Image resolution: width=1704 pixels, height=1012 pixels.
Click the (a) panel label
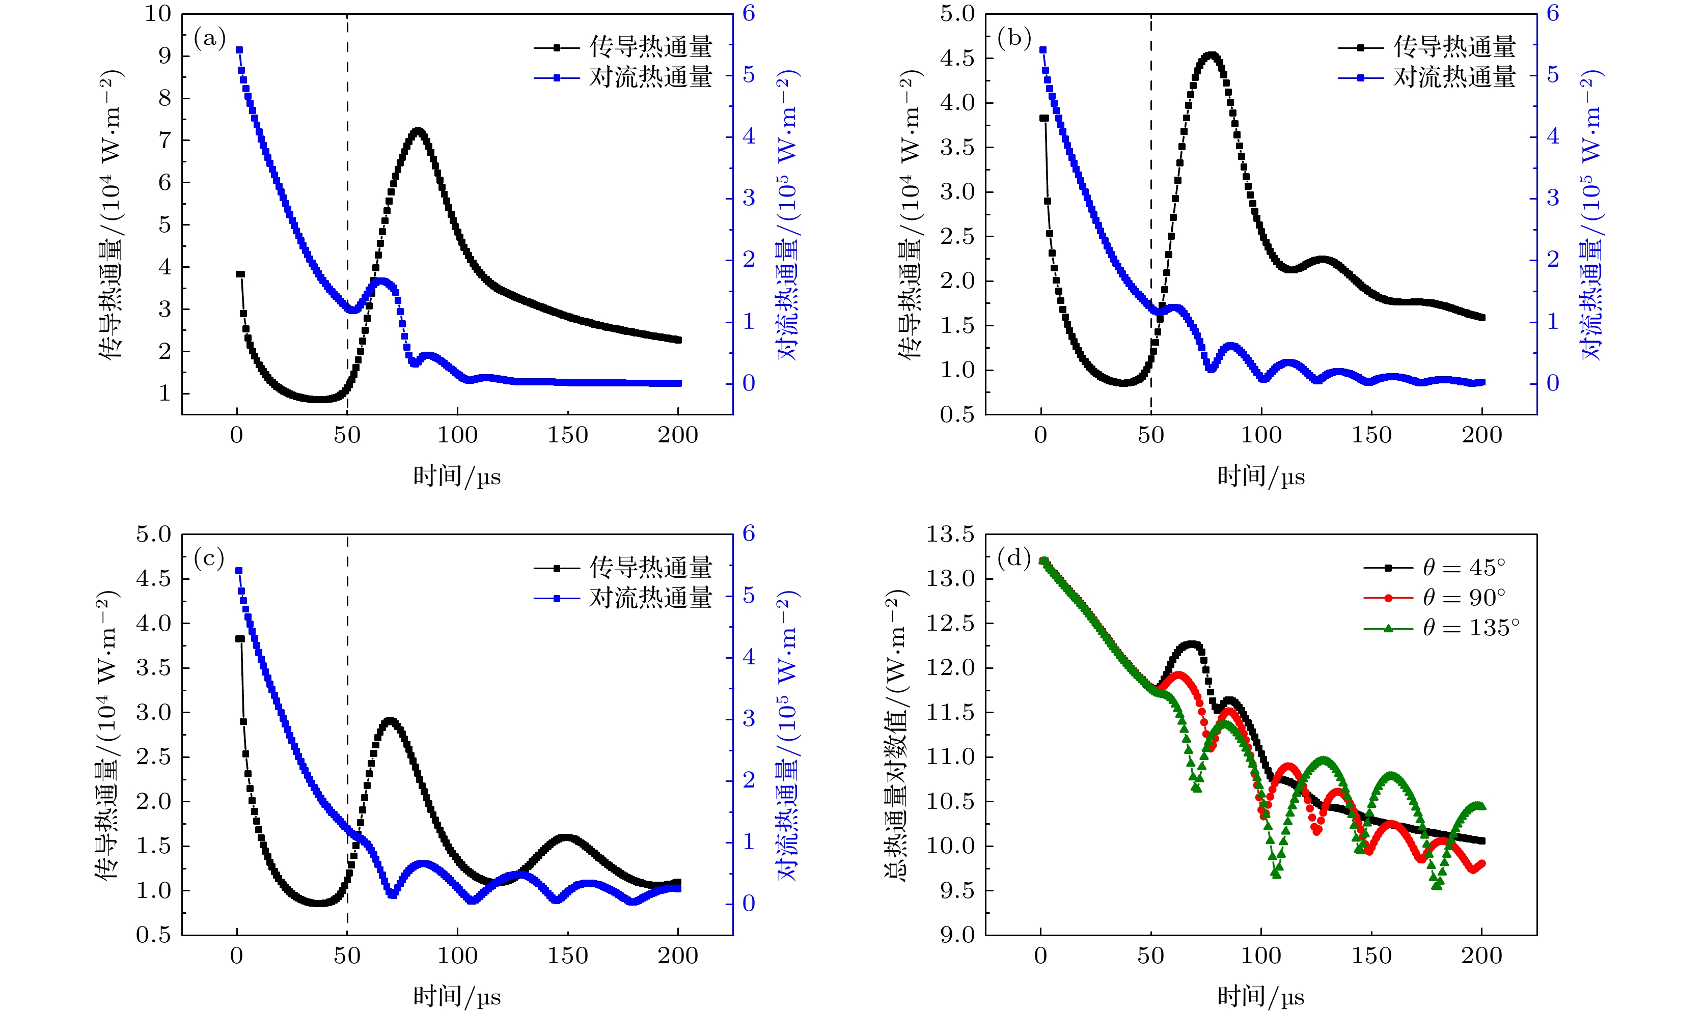coord(209,38)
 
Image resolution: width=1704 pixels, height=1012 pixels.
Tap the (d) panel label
coord(1013,558)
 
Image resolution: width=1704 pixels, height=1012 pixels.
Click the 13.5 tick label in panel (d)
coord(950,535)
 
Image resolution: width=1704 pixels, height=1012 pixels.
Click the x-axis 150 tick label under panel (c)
coord(567,956)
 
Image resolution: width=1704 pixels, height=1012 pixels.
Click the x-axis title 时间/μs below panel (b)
coord(1260,476)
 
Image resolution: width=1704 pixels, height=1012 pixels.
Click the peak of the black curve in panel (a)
coord(418,132)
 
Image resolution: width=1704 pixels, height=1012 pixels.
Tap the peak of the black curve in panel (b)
coord(1211,56)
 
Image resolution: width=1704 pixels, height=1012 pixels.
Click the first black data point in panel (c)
coord(239,639)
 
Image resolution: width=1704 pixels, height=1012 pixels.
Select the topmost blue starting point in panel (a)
coord(239,50)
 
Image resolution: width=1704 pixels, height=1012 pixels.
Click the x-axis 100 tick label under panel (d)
coord(1260,956)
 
